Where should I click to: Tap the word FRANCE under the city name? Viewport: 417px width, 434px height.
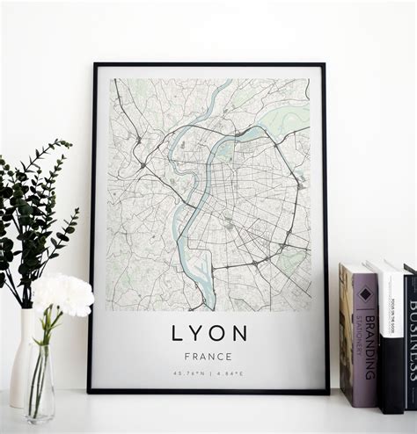coord(208,357)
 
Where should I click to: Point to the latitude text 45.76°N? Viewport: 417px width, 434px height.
coord(186,373)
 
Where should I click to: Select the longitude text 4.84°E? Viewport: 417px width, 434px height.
coord(231,373)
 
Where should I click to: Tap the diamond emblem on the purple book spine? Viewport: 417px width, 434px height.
coord(364,294)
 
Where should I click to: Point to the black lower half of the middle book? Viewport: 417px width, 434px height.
coord(391,378)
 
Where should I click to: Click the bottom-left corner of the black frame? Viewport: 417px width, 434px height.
coord(91,389)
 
